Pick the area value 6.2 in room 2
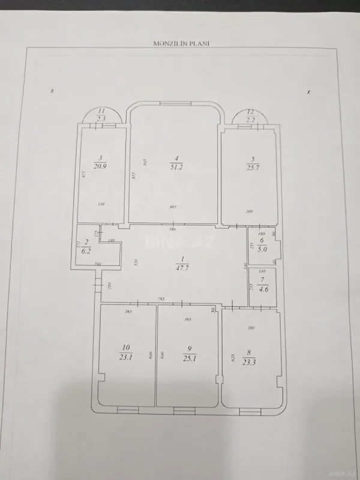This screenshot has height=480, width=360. click(86, 250)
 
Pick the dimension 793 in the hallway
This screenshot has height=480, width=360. click(162, 298)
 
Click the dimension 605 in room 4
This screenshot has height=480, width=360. click(172, 206)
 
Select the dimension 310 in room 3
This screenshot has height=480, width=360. click(102, 205)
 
